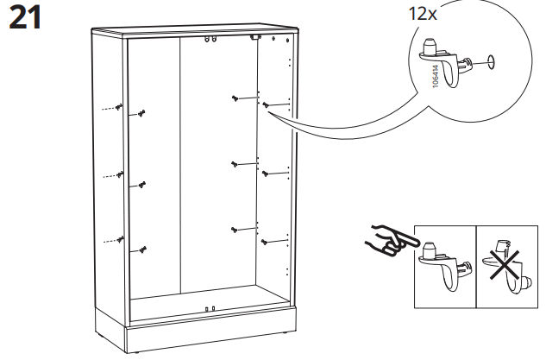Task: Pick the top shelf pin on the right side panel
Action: pyautogui.click(x=267, y=106)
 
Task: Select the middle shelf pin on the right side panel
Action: pyautogui.click(x=267, y=174)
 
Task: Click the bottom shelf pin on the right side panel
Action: pyautogui.click(x=267, y=240)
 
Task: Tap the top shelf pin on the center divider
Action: pyautogui.click(x=235, y=98)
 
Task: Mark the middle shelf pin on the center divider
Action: pyautogui.click(x=235, y=163)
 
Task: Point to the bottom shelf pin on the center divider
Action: pyautogui.click(x=235, y=229)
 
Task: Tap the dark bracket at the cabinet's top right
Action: pyautogui.click(x=254, y=38)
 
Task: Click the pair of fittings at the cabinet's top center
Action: pyautogui.click(x=209, y=39)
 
